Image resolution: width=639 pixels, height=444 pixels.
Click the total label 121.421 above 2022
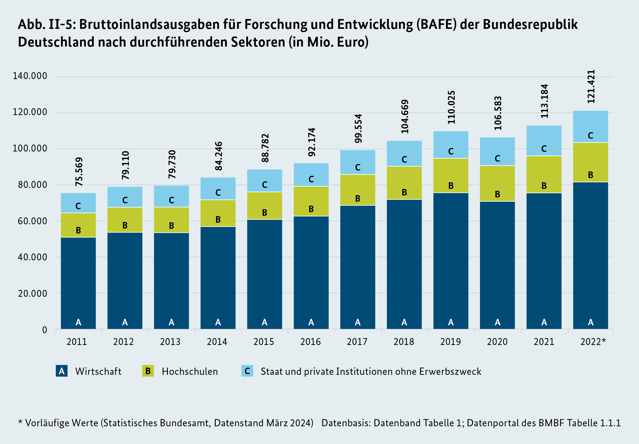[x=591, y=87]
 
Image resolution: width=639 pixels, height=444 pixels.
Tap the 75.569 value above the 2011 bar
[x=79, y=172]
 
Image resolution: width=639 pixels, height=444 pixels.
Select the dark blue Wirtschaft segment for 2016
[x=311, y=272]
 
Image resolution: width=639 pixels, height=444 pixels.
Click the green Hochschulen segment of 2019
[x=451, y=175]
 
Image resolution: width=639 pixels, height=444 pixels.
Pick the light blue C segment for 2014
[x=218, y=189]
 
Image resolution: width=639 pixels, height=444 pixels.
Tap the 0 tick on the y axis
[x=45, y=330]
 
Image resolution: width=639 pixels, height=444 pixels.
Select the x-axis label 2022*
[x=593, y=342]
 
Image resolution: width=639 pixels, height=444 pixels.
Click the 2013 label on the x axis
[x=170, y=342]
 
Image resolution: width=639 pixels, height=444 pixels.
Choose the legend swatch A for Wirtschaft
[x=62, y=371]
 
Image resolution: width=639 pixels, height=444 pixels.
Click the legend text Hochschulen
[x=190, y=372]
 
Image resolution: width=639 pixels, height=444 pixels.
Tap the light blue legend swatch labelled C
[x=247, y=371]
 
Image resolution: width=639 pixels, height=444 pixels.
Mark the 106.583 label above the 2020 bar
[x=498, y=113]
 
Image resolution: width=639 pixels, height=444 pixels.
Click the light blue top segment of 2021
[x=544, y=140]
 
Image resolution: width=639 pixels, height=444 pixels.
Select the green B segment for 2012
[x=125, y=220]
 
